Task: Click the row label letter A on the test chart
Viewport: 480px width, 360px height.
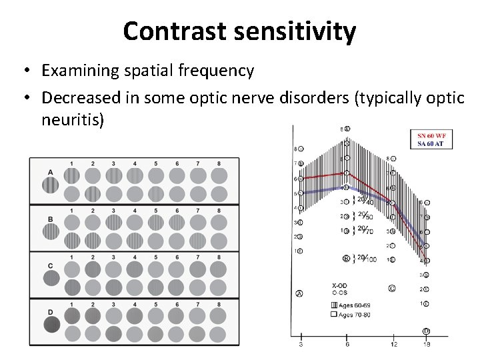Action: point(51,172)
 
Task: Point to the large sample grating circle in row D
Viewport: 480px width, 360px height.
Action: point(50,325)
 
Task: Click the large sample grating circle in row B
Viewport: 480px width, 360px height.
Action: point(50,232)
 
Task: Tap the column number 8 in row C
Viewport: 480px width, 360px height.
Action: point(218,256)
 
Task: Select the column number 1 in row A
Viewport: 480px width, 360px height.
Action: point(71,163)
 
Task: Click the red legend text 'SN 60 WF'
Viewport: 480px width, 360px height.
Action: point(431,136)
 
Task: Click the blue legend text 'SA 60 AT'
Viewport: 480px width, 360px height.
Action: point(431,143)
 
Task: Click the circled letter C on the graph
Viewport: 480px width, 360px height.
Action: point(391,289)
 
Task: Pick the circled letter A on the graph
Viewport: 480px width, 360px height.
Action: point(299,293)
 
